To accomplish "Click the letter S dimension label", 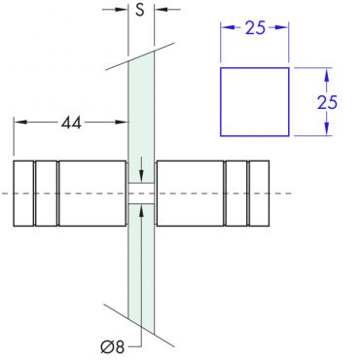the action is click(140, 10).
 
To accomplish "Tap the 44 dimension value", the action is click(72, 123).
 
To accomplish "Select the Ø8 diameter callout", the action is click(113, 347).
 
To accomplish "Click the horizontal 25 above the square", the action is click(255, 28).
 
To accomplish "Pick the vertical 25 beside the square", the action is click(327, 102).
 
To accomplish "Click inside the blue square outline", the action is click(255, 102).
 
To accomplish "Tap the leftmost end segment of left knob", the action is click(23, 194).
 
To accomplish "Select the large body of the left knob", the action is click(92, 194).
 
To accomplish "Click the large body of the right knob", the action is click(191, 194).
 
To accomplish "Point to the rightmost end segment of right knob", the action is click(259, 194).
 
